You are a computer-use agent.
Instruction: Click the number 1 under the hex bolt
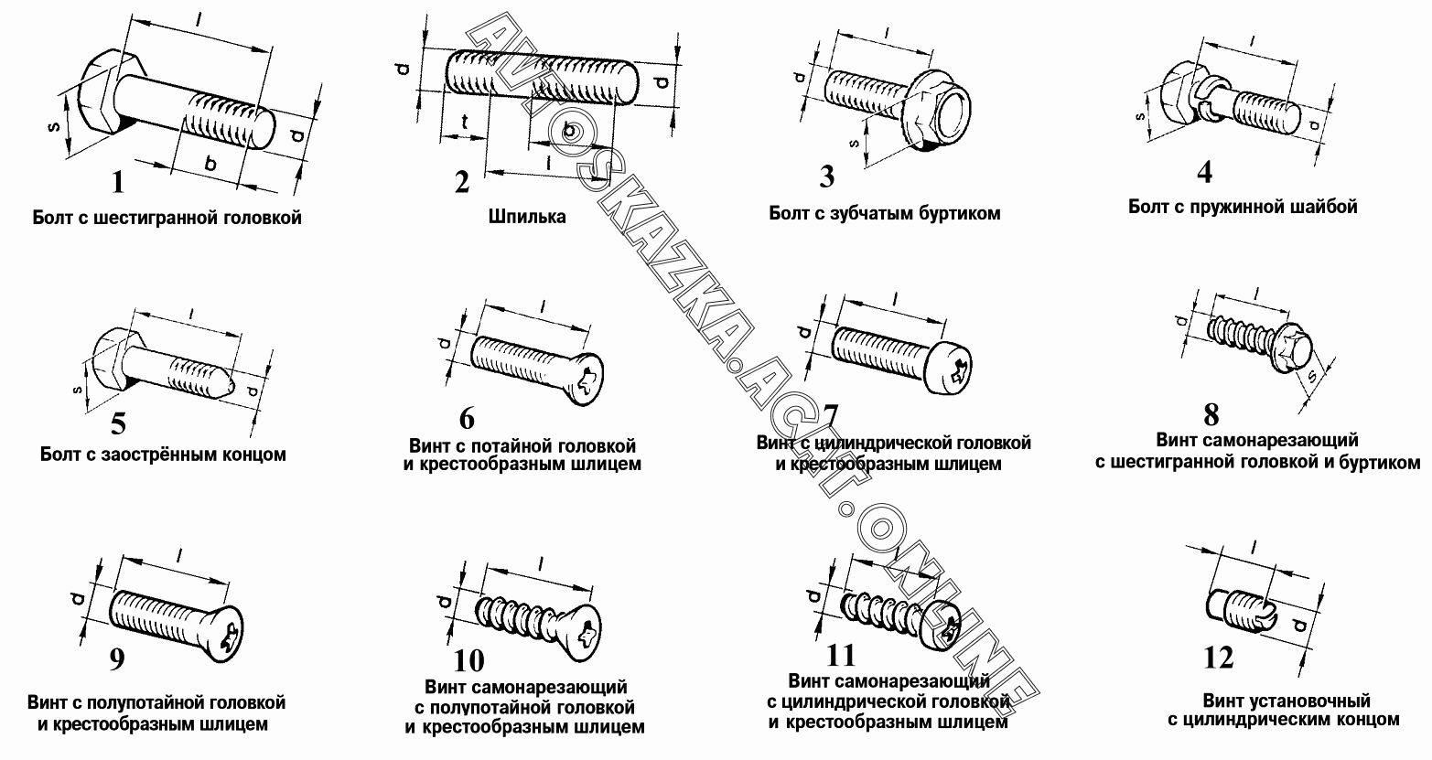tap(118, 182)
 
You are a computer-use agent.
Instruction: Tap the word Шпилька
tap(527, 217)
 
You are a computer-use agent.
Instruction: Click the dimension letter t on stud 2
tap(465, 121)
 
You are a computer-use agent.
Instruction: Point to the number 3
tap(826, 177)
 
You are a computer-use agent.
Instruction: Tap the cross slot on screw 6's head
tap(588, 381)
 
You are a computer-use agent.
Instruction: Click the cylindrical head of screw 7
tap(947, 370)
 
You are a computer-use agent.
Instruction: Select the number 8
tap(1211, 415)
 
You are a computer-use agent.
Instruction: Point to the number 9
tap(117, 659)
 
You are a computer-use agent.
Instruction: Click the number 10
tap(468, 661)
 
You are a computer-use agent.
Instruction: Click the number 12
tap(1218, 658)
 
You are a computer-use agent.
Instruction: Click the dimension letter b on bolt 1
tap(210, 165)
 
